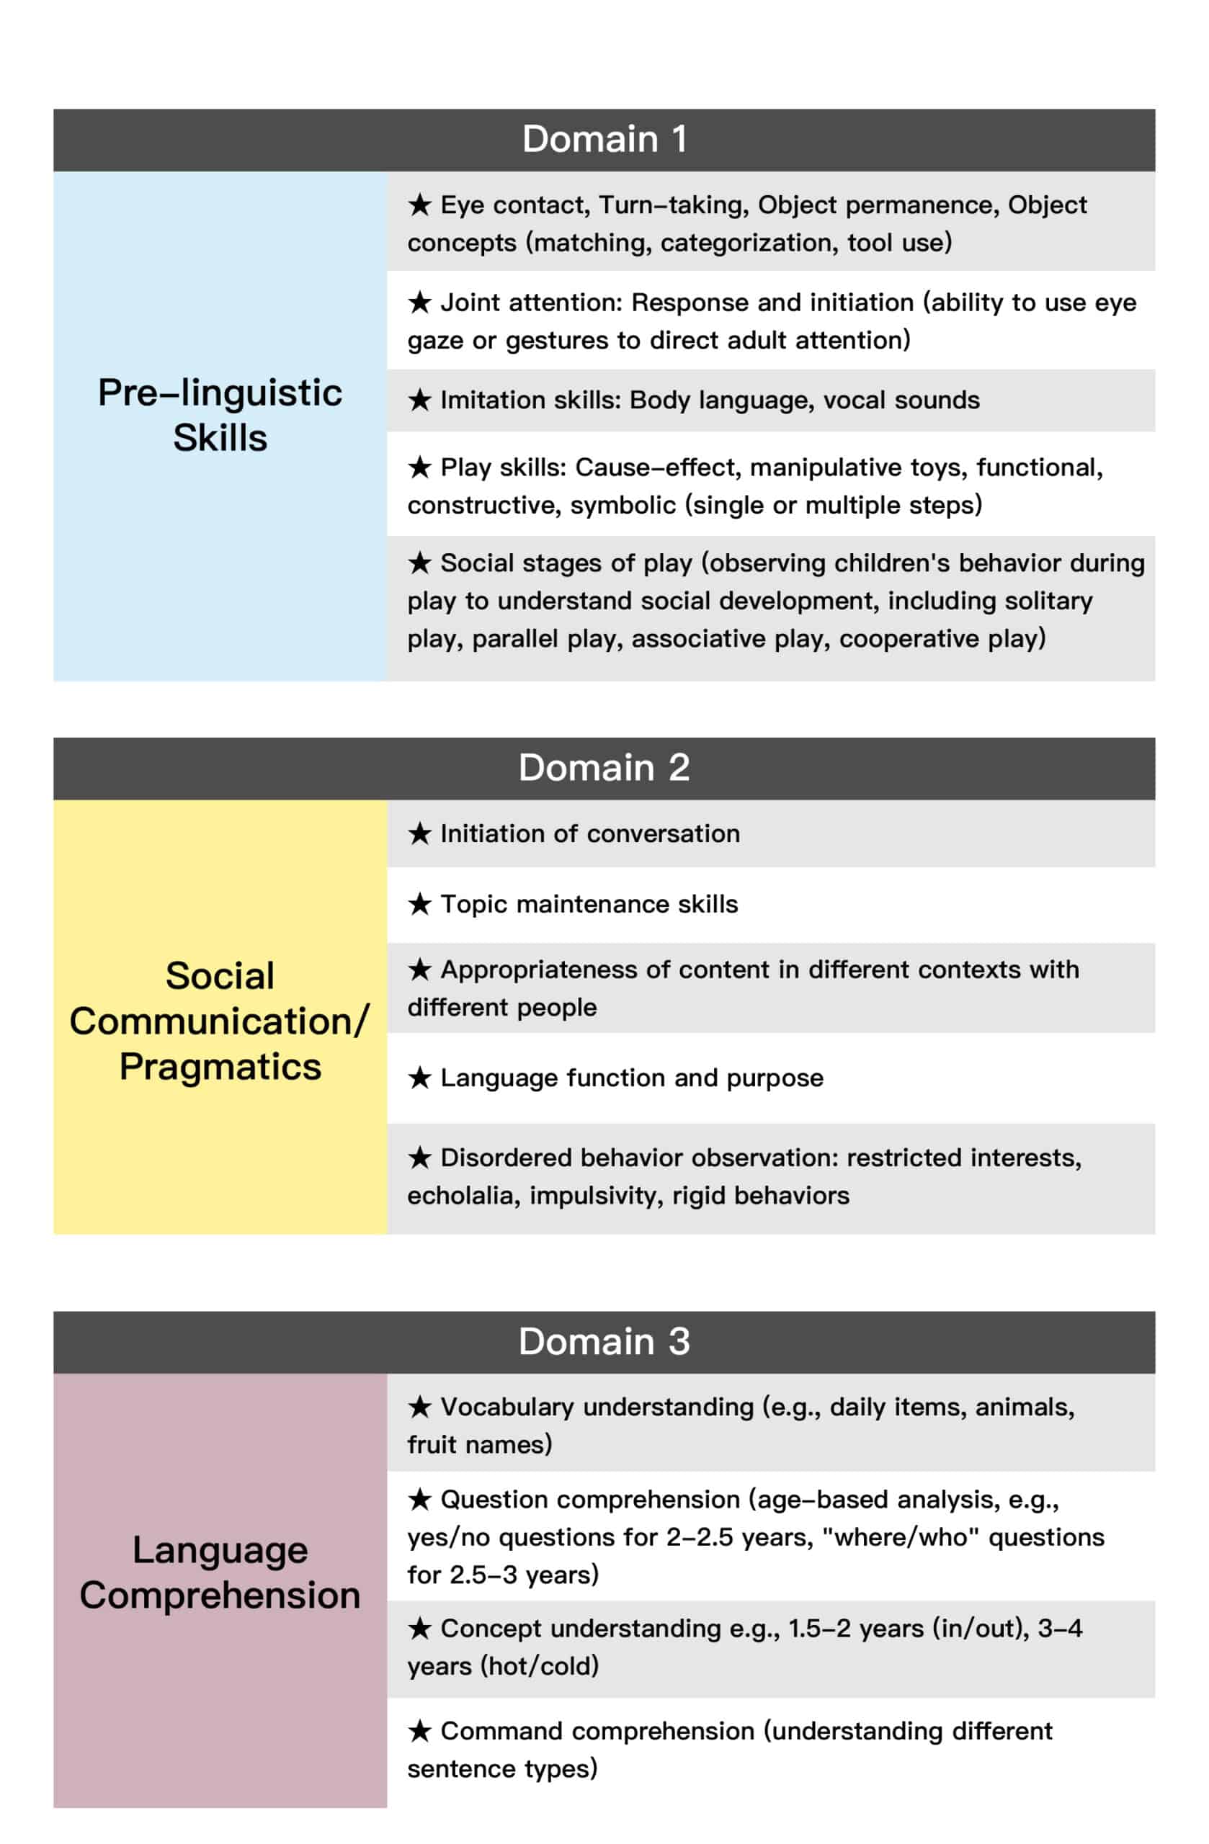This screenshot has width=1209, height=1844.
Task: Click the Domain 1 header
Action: coord(604,140)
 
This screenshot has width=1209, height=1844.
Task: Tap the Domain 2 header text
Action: coord(604,768)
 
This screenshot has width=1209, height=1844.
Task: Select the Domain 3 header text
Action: coord(604,1341)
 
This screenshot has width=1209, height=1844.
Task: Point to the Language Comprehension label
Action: coord(220,1573)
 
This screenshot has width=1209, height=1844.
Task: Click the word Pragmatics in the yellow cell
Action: coord(220,1067)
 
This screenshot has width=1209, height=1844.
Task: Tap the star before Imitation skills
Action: coord(419,400)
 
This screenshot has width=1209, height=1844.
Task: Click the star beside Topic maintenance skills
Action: coord(419,903)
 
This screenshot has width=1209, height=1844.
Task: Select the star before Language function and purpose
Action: coord(419,1078)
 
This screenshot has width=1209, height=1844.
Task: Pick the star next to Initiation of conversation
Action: coord(419,833)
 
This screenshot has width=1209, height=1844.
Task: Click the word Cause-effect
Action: coord(657,467)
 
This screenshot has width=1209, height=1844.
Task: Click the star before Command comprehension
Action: coord(419,1731)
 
